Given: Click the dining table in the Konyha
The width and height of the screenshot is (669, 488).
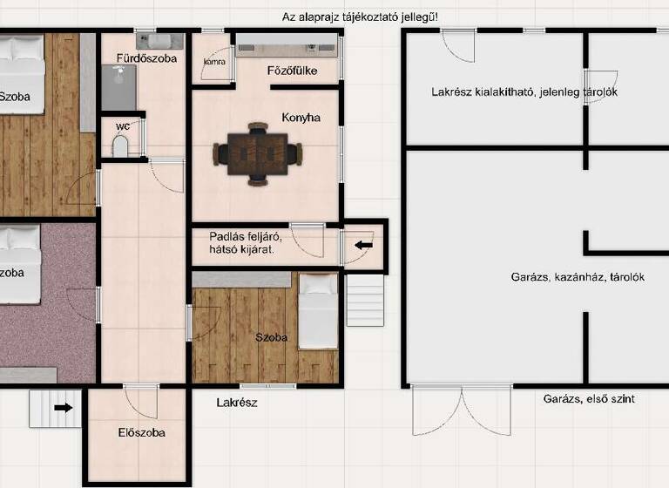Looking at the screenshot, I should (x=259, y=153).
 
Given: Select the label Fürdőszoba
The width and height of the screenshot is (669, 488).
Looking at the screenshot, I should (x=146, y=59).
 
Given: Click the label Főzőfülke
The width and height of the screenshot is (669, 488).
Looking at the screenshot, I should (x=292, y=71).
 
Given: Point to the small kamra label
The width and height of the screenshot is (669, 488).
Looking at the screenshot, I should (x=214, y=62).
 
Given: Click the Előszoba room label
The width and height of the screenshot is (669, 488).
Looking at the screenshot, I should (x=141, y=432).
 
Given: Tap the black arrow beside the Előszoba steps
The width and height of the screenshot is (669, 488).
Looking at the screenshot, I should (x=63, y=407).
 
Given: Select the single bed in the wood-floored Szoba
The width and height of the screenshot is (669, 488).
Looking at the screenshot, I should (x=318, y=311).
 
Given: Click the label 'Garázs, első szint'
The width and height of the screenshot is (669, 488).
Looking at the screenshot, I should (x=589, y=399).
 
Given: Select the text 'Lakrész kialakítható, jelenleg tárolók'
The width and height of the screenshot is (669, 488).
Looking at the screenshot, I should (x=524, y=92).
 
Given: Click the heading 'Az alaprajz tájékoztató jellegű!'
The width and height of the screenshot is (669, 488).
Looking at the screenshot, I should (x=360, y=17).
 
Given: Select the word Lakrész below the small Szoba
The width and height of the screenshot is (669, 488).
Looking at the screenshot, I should (x=237, y=403).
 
